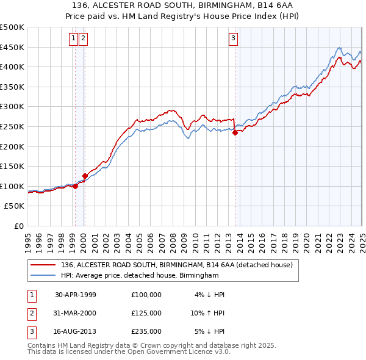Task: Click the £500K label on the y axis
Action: pyautogui.click(x=12, y=27)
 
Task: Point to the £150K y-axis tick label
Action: pyautogui.click(x=12, y=166)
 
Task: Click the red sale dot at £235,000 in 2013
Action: pyautogui.click(x=235, y=133)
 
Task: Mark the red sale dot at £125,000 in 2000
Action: pyautogui.click(x=85, y=176)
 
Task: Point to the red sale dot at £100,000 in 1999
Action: pyautogui.click(x=75, y=186)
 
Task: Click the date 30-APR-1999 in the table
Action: pyautogui.click(x=76, y=295)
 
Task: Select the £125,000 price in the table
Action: pyautogui.click(x=146, y=313)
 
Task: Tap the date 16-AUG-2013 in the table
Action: pyautogui.click(x=76, y=331)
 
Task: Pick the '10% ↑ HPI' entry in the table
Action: pyautogui.click(x=207, y=313)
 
